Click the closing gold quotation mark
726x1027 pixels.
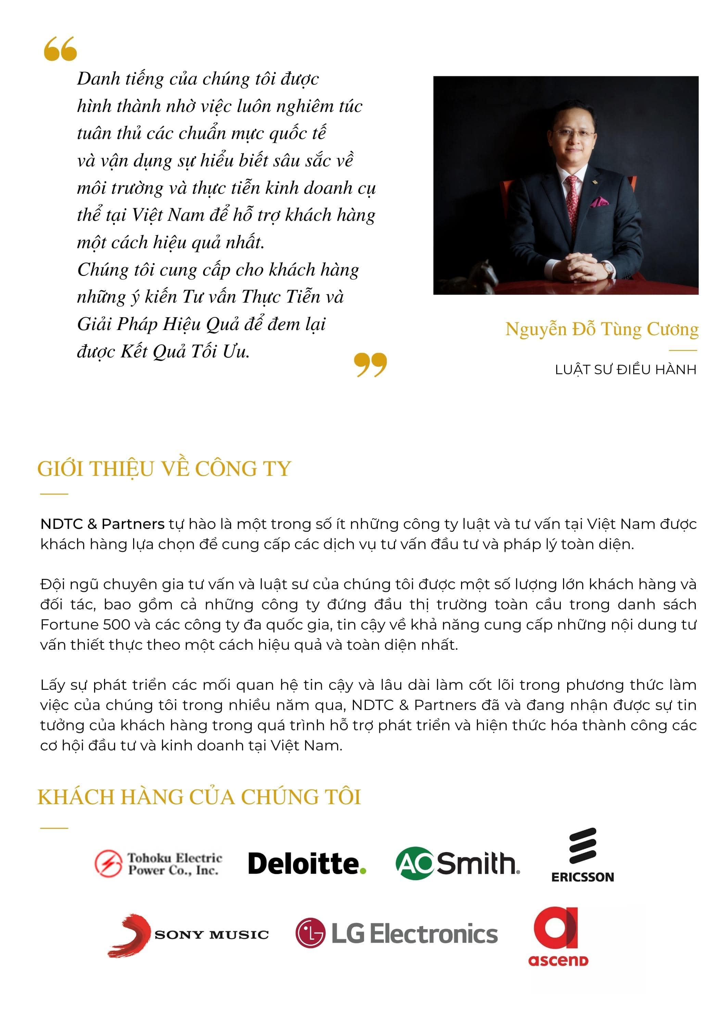(370, 365)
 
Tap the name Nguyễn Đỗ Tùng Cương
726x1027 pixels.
(602, 330)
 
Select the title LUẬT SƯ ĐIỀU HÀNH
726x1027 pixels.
(625, 370)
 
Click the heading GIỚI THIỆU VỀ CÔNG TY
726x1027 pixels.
(164, 469)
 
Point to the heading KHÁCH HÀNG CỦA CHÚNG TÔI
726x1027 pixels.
(199, 797)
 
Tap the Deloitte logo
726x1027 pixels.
(307, 864)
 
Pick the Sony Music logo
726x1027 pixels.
(188, 935)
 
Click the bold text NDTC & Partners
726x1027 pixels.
(102, 524)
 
